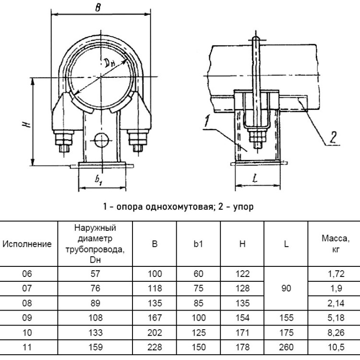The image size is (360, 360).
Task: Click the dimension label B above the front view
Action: (x=98, y=8)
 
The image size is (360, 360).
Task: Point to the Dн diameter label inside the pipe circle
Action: (x=109, y=63)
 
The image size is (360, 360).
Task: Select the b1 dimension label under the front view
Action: (x=99, y=180)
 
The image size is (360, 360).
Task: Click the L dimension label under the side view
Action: (x=255, y=178)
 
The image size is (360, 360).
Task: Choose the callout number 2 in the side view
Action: (x=333, y=138)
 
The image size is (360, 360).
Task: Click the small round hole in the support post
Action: (x=101, y=140)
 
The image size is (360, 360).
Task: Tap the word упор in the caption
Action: (x=243, y=207)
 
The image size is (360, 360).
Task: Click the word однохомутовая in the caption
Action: (x=179, y=206)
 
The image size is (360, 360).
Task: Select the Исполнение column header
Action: (x=27, y=244)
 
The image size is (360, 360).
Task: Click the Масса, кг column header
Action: (x=336, y=243)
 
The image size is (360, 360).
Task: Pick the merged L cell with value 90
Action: (x=286, y=288)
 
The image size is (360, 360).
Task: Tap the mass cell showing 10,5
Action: (x=336, y=347)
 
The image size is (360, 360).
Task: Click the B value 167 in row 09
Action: (x=155, y=318)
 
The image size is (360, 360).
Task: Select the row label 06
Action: (x=27, y=274)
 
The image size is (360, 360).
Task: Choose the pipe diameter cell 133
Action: (x=96, y=333)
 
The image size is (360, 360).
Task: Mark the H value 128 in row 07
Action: (x=242, y=288)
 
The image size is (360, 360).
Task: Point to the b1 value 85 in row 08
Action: (x=198, y=303)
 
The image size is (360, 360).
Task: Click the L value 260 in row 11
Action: (x=286, y=347)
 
